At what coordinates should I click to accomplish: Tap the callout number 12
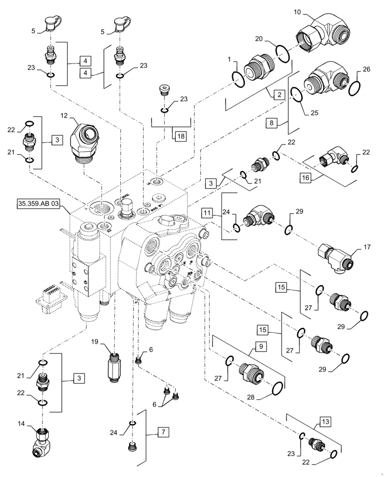(63, 116)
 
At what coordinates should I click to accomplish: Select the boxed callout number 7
(162, 433)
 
